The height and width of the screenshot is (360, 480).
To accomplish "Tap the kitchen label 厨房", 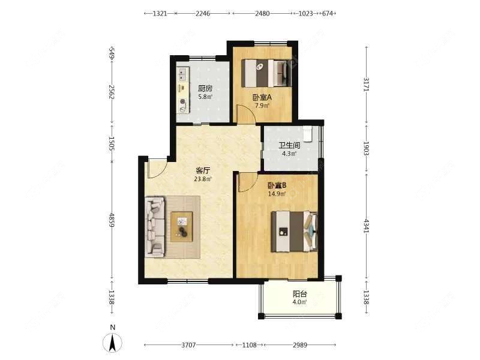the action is pyautogui.click(x=205, y=89).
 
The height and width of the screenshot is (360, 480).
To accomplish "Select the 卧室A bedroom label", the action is pyautogui.click(x=262, y=98).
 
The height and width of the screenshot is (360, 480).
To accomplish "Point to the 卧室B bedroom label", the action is pyautogui.click(x=277, y=185).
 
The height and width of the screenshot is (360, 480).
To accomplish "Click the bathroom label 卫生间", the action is pyautogui.click(x=289, y=145).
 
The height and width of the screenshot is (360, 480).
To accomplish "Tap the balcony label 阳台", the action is pyautogui.click(x=299, y=294).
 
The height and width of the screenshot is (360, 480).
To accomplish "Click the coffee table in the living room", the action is pyautogui.click(x=182, y=227).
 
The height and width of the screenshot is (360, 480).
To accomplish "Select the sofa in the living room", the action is pyautogui.click(x=155, y=226).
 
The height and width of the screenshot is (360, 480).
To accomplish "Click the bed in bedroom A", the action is pyautogui.click(x=266, y=73).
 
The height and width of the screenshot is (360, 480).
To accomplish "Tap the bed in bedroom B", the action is pyautogui.click(x=294, y=231).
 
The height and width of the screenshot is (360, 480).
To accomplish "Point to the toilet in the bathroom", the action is pyautogui.click(x=307, y=134).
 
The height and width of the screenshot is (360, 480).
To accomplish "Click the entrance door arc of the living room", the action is pyautogui.click(x=162, y=172).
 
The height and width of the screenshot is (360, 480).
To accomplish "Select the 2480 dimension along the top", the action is pyautogui.click(x=263, y=13).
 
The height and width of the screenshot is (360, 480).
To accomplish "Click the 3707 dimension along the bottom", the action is pyautogui.click(x=188, y=345).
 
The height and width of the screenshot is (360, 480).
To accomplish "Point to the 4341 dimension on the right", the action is pyautogui.click(x=367, y=225).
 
